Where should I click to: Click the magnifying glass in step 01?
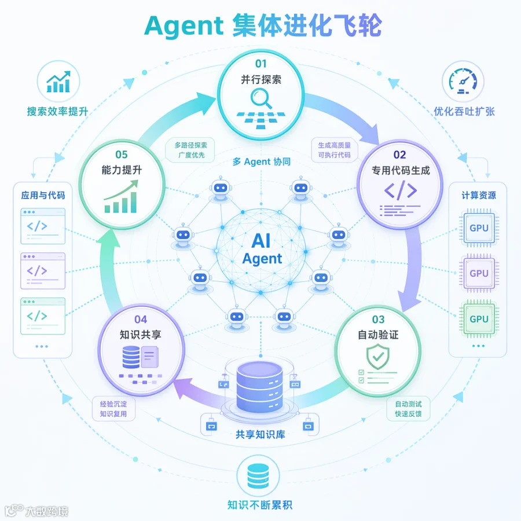pyautogui.click(x=260, y=98)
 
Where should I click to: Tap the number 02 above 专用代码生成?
pyautogui.click(x=399, y=155)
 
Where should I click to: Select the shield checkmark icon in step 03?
pyautogui.click(x=378, y=357)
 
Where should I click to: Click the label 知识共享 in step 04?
pyautogui.click(x=141, y=335)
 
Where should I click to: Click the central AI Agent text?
pyautogui.click(x=262, y=249)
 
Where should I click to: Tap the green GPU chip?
pyautogui.click(x=479, y=318)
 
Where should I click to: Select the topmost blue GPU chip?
pyautogui.click(x=479, y=228)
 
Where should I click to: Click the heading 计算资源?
pyautogui.click(x=479, y=196)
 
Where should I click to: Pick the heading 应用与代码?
pyautogui.click(x=43, y=196)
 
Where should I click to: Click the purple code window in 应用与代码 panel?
pyautogui.click(x=43, y=271)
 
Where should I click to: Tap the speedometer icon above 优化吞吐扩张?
pyautogui.click(x=463, y=82)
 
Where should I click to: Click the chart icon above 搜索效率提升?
pyautogui.click(x=58, y=82)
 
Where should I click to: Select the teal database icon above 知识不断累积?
pyautogui.click(x=258, y=476)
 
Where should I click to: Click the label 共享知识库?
pyautogui.click(x=260, y=434)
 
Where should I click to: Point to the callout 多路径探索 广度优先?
pyautogui.click(x=190, y=150)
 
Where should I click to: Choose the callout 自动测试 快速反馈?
pyautogui.click(x=408, y=409)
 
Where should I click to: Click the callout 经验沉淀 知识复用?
pyautogui.click(x=113, y=409)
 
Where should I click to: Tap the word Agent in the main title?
pyautogui.click(x=184, y=27)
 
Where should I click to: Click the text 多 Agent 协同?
pyautogui.click(x=262, y=162)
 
